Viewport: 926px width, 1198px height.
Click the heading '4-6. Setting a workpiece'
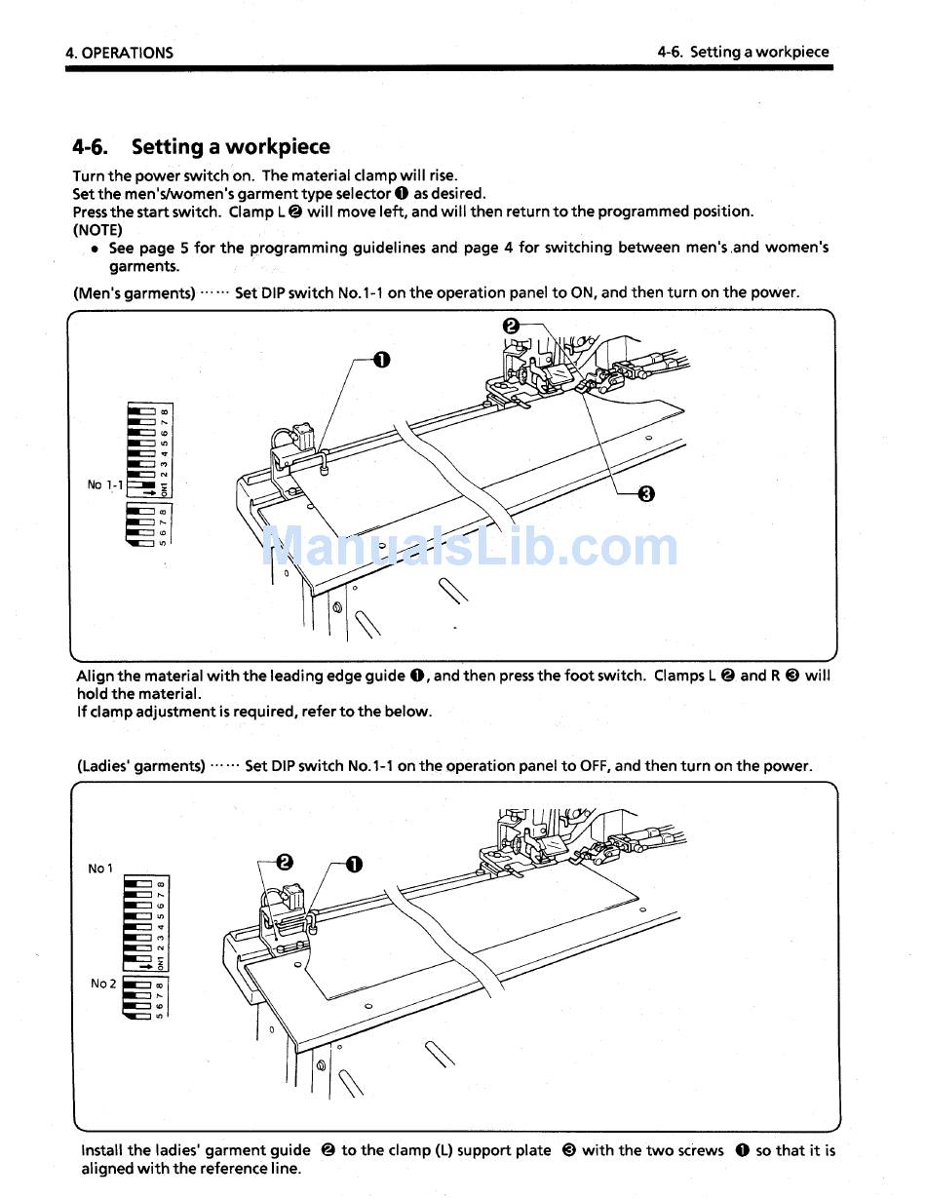[x=201, y=147]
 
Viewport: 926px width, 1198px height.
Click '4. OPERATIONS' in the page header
[x=119, y=53]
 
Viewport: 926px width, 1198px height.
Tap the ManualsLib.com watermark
[x=472, y=547]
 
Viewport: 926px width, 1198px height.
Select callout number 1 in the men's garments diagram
[x=381, y=361]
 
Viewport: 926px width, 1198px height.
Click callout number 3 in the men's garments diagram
[x=645, y=493]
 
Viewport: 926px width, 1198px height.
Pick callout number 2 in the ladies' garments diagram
[x=284, y=862]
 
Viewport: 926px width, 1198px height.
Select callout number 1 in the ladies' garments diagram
[x=353, y=865]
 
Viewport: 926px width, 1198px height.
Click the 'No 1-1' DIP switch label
[x=105, y=484]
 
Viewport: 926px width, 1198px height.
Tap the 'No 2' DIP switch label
[x=103, y=984]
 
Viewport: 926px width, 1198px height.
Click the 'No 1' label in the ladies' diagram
[x=100, y=869]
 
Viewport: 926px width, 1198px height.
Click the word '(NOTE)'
[x=97, y=230]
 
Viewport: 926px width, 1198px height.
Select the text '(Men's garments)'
[x=135, y=292]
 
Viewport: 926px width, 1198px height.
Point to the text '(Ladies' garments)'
[x=140, y=766]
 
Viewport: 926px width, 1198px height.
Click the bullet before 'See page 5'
[x=95, y=249]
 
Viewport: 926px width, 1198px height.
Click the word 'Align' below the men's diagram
[x=95, y=676]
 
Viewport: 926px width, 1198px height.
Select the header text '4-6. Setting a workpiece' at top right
[x=743, y=53]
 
